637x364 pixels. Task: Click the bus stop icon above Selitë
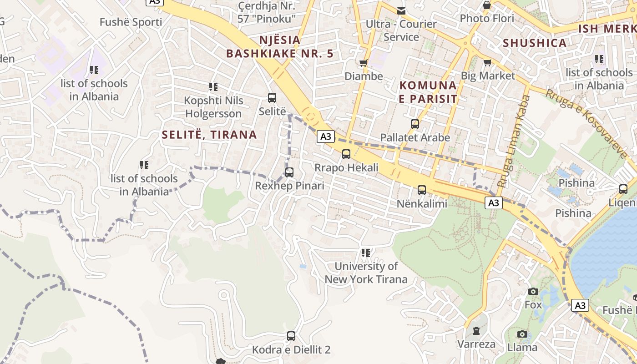click(272, 97)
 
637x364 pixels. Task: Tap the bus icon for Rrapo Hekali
click(346, 154)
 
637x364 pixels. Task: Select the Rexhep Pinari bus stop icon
click(289, 172)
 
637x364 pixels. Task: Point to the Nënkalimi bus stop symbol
click(422, 190)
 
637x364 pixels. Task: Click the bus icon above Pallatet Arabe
click(415, 124)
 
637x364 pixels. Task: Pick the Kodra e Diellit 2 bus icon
click(291, 336)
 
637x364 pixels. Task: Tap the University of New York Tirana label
click(366, 273)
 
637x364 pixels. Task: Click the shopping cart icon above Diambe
click(363, 63)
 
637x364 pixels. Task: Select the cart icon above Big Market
click(487, 62)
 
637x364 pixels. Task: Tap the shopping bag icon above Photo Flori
click(487, 5)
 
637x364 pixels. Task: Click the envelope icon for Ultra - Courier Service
click(401, 10)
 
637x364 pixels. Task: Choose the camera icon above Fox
click(533, 291)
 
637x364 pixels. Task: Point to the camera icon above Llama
click(522, 334)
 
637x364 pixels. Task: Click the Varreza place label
click(476, 344)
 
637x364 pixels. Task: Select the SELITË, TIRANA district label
click(209, 135)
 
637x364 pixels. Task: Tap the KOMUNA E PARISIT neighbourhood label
click(428, 92)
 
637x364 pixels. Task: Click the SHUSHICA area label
click(535, 43)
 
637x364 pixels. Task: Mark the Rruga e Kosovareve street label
click(586, 123)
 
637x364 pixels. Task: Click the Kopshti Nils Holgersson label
click(213, 107)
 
